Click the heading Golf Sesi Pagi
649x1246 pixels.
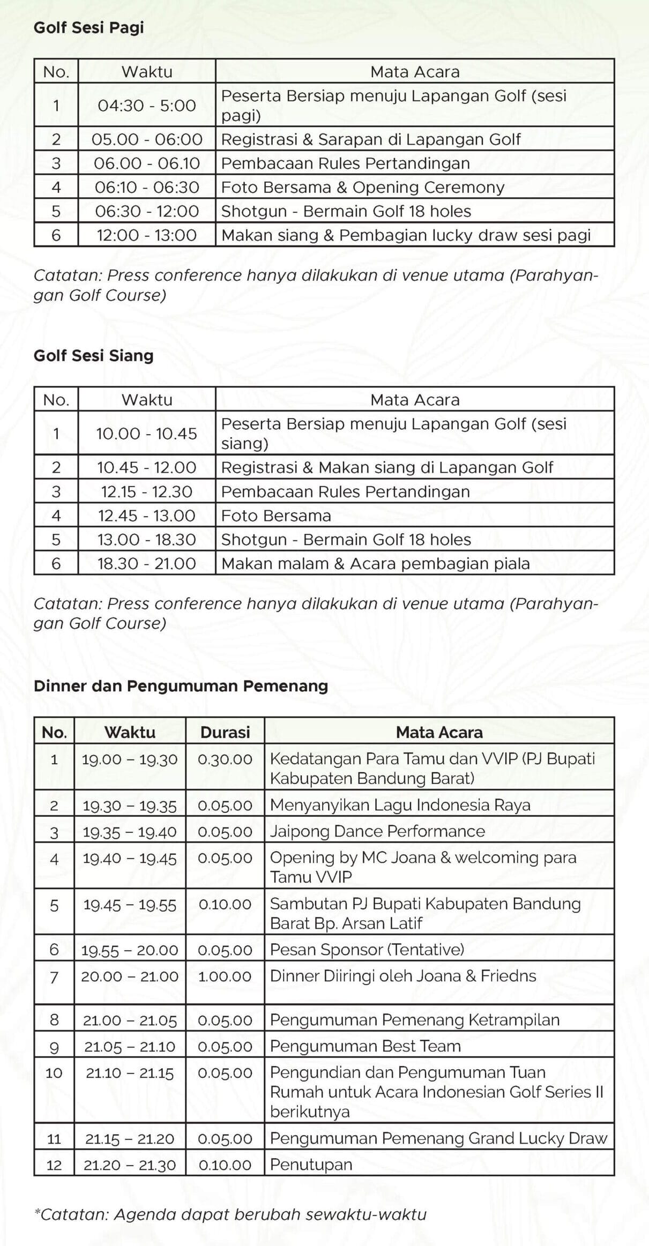coord(88,27)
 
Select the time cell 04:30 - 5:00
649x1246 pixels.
coord(147,105)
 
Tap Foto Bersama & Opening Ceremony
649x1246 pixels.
coord(362,187)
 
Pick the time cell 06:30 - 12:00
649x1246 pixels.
coord(147,211)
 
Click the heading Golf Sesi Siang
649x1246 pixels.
coord(93,356)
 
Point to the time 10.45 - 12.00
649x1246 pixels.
coord(147,467)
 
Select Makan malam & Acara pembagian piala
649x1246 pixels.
coord(375,563)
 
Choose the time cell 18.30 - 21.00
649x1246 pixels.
coord(147,563)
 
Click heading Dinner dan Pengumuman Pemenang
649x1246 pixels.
coord(181,686)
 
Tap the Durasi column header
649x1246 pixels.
coord(225,732)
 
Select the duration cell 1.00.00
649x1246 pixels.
coord(225,976)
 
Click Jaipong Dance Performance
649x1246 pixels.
coord(377,831)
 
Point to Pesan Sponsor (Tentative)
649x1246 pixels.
coord(367,950)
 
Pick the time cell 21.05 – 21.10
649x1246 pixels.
coord(130,1047)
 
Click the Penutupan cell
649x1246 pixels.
coord(311,1165)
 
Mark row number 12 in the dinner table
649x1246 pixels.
coord(54,1165)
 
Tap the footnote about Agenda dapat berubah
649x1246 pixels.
coord(230,1214)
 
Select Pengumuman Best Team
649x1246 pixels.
coord(365,1046)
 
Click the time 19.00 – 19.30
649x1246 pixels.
coord(130,759)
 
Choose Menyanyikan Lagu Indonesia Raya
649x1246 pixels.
coord(400,805)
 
